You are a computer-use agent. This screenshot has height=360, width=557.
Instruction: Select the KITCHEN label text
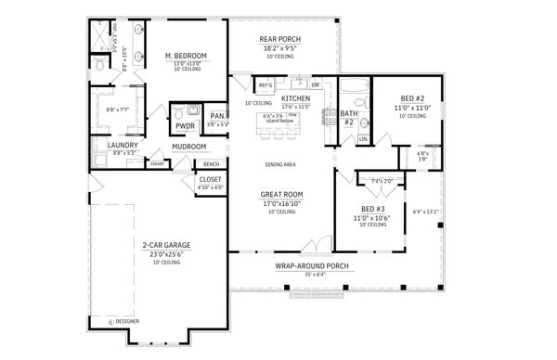pyautogui.click(x=295, y=97)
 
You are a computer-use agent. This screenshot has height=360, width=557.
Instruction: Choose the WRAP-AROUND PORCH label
pyautogui.click(x=311, y=265)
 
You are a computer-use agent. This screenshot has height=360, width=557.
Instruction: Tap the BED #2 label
pyautogui.click(x=414, y=99)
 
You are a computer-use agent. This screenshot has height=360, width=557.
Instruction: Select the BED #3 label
pyautogui.click(x=374, y=209)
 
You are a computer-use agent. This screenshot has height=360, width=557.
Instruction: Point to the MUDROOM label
pyautogui.click(x=188, y=145)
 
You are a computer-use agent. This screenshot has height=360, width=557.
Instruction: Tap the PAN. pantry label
pyautogui.click(x=217, y=116)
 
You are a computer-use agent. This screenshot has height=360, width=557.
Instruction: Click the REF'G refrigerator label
pyautogui.click(x=253, y=85)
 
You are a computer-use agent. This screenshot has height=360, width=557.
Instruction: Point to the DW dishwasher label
pyautogui.click(x=316, y=85)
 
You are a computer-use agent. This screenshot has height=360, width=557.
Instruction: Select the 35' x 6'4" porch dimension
pyautogui.click(x=311, y=274)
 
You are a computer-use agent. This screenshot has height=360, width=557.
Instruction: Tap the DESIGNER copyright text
pyautogui.click(x=127, y=322)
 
